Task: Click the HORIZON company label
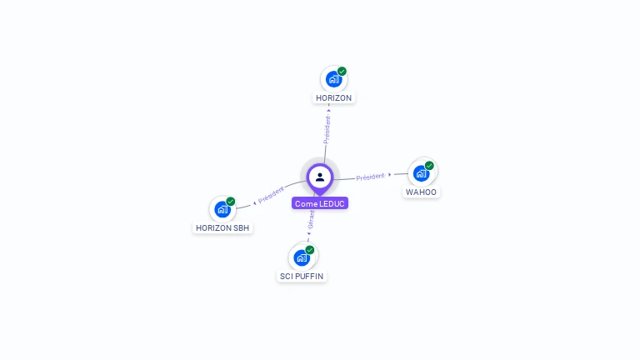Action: pos(334,97)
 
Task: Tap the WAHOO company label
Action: pos(421,192)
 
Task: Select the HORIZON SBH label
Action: pos(222,227)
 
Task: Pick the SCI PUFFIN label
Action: pos(302,276)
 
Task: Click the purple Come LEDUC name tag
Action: pos(320,203)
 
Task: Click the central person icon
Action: pos(320,177)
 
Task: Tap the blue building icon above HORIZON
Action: pos(333,79)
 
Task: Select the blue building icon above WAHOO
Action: pos(421,173)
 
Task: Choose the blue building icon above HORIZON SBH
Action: pos(222,209)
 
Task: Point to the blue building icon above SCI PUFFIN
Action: pos(301,257)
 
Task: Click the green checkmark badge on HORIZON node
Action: pos(342,72)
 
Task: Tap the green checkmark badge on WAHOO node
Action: pos(429,166)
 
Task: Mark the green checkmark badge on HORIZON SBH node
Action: pos(231,202)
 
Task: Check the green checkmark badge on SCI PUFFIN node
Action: pos(310,250)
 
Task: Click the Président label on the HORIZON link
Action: pos(327,130)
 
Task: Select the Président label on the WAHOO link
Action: pos(370,177)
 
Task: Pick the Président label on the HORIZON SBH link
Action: pos(272,195)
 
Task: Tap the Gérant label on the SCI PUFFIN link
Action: pos(311,220)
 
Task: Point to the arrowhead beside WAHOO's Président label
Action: pos(390,175)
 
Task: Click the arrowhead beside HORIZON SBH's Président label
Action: pos(254,202)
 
